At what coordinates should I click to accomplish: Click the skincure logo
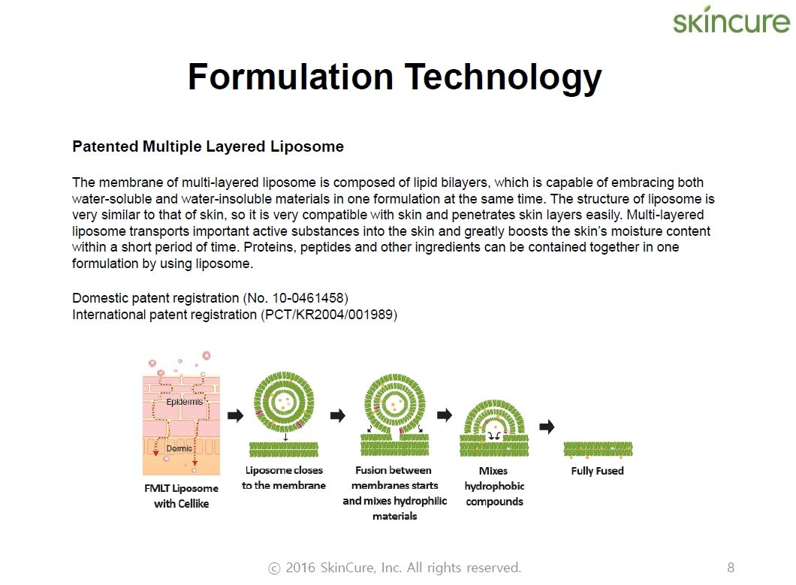(731, 20)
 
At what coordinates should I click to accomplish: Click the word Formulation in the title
(291, 77)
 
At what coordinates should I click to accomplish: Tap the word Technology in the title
(503, 77)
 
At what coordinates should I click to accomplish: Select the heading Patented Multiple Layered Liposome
(208, 146)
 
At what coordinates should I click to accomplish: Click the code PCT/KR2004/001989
(329, 315)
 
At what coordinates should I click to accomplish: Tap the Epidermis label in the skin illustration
(184, 402)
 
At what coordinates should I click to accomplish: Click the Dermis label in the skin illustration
(179, 448)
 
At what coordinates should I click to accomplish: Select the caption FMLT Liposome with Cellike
(181, 496)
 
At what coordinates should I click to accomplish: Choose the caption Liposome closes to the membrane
(284, 478)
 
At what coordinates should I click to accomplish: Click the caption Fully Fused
(598, 471)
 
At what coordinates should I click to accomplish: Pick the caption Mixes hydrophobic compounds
(494, 487)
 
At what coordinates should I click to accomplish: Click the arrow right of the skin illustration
(236, 416)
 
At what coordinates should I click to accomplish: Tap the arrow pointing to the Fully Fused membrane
(547, 427)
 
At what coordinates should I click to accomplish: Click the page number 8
(731, 567)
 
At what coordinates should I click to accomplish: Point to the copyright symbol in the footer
(274, 568)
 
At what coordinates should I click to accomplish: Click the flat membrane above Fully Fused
(598, 449)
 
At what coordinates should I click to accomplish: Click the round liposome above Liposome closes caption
(284, 403)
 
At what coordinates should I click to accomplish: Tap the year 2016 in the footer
(300, 568)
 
